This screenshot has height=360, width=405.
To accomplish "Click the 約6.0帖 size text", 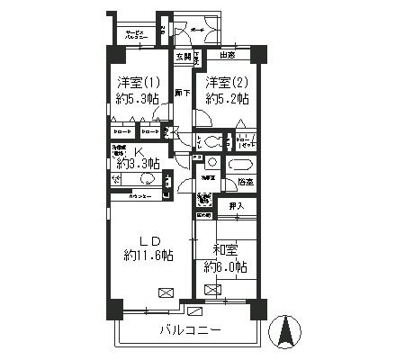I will tap(225, 266).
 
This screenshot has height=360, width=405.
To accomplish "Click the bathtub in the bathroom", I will tap(240, 165).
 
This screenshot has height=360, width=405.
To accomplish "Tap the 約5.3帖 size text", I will tap(138, 100).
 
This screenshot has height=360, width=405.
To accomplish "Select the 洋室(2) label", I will tap(226, 83).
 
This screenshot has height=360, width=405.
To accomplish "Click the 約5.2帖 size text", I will tap(226, 100).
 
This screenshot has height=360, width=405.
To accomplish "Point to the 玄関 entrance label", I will tap(183, 57).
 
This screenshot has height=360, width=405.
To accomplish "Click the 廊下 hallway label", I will tap(181, 94).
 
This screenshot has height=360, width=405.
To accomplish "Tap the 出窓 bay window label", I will tap(227, 56).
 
